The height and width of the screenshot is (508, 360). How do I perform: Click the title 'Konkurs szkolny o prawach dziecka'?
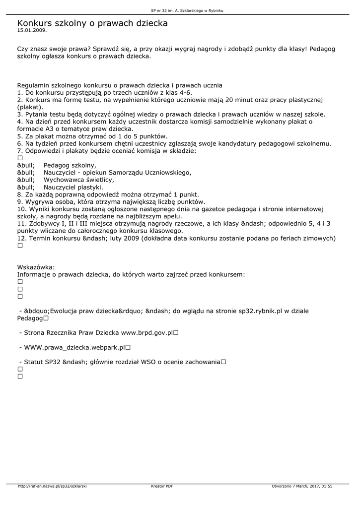click(x=92, y=23)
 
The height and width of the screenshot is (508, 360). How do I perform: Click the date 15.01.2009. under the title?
click(x=32, y=30)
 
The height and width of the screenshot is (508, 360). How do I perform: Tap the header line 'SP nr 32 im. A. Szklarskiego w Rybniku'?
click(x=180, y=10)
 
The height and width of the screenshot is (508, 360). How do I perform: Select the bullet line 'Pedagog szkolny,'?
click(x=70, y=165)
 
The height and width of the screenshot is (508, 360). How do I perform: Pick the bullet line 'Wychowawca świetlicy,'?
click(x=79, y=180)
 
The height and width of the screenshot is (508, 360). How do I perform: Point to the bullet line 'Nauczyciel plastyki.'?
click(x=73, y=187)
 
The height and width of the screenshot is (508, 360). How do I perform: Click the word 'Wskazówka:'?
click(x=36, y=266)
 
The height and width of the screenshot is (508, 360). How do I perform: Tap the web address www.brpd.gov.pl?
click(x=147, y=333)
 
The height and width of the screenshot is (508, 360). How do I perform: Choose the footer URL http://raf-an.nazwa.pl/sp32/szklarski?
click(x=52, y=486)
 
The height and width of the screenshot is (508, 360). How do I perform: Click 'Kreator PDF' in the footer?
click(x=162, y=486)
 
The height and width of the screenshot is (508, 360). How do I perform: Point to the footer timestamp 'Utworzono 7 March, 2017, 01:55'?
click(x=302, y=486)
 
